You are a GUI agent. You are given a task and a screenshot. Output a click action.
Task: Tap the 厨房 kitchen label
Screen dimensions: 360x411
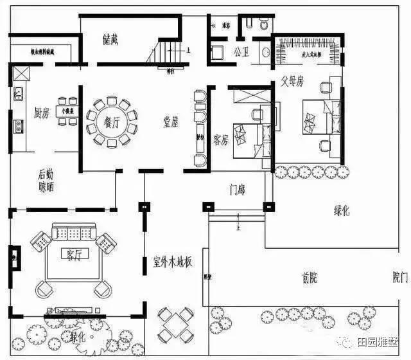pyautogui.click(x=42, y=114)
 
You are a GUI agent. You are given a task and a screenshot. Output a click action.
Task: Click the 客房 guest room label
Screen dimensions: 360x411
pyautogui.click(x=221, y=139)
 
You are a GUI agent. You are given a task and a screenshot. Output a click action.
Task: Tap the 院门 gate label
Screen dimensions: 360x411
pyautogui.click(x=399, y=278)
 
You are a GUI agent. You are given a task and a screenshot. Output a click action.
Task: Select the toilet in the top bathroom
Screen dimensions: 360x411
pyautogui.click(x=263, y=24)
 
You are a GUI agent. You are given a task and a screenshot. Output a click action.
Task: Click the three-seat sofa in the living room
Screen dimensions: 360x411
pyautogui.click(x=73, y=231)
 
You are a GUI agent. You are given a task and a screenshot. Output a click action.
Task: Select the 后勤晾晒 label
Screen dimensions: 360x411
pyautogui.click(x=45, y=181)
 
